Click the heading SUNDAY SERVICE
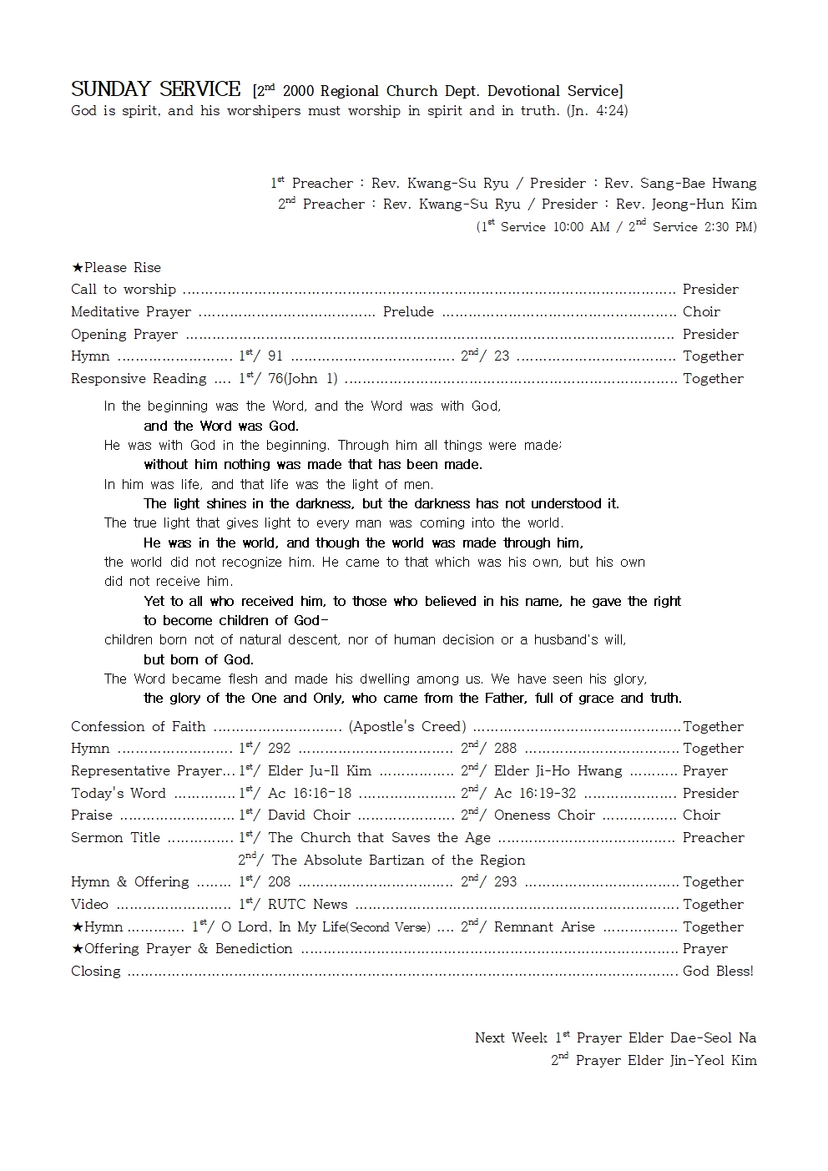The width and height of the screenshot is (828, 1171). [x=155, y=89]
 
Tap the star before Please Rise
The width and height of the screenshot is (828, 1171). [x=77, y=268]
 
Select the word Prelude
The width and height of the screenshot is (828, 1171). [x=408, y=312]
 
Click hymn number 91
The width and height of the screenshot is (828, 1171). [x=275, y=356]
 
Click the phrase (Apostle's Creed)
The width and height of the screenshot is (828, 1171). [x=407, y=727]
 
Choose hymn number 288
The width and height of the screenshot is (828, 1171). [x=505, y=749]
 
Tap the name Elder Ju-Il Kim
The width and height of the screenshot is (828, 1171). [x=320, y=771]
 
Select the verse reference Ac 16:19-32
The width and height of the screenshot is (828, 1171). [x=535, y=794]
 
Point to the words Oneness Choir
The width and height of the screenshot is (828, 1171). [x=544, y=815]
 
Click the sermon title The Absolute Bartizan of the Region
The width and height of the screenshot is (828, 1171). [x=398, y=861]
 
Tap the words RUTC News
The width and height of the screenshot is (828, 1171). [x=307, y=905]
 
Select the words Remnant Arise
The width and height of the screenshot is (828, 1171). [x=544, y=927]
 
